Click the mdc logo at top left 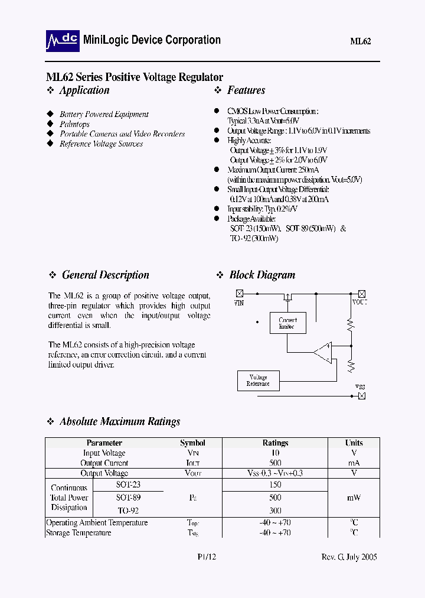coord(62,40)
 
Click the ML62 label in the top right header coord(360,41)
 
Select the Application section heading coord(84,90)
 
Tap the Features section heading coord(246,90)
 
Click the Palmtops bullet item coord(74,124)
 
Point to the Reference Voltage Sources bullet coord(101,144)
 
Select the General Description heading coord(105,275)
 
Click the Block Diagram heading coord(262,275)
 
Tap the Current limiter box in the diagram coord(287,323)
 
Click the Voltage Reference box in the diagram coord(258,381)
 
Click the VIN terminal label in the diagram coord(239,303)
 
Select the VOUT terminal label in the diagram coord(359,303)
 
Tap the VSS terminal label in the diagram coord(360,387)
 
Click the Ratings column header coord(275,443)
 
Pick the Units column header coord(354,443)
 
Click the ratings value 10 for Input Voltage coord(275,453)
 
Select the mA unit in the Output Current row coord(354,463)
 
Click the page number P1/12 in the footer coord(207,557)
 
